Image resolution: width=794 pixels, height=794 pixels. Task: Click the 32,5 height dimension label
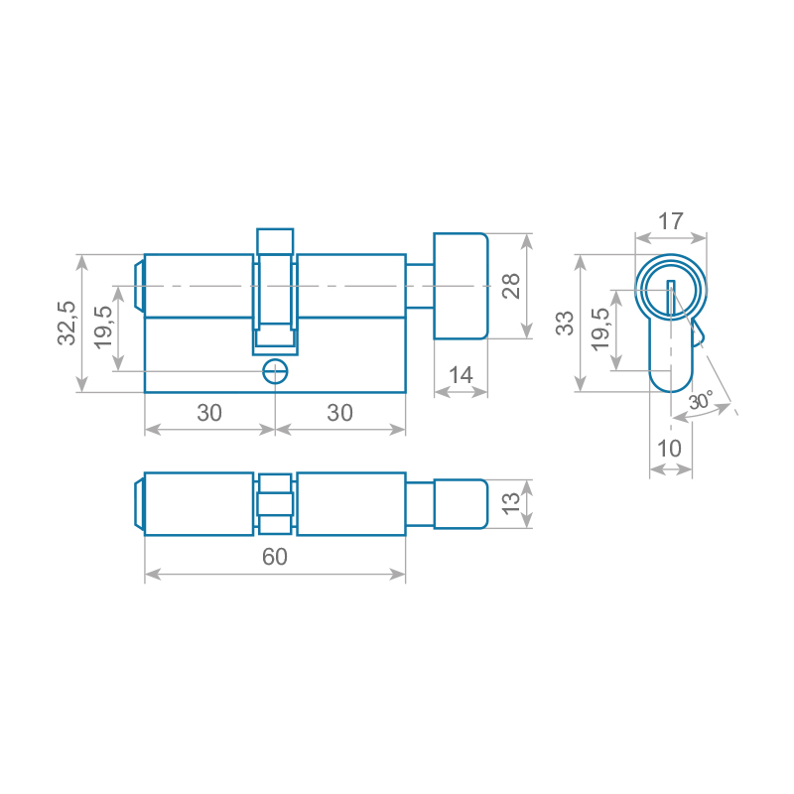[66, 324]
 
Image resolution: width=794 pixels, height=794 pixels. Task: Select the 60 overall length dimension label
[275, 557]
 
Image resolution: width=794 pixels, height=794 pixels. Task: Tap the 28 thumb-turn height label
[511, 286]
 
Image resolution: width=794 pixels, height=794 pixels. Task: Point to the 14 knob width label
[461, 375]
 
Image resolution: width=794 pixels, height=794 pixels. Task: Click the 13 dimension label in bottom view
[510, 503]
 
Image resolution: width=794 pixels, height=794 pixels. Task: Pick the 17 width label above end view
[671, 221]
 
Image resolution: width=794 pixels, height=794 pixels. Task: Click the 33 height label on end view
[565, 324]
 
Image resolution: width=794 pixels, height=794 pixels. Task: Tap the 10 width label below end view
[669, 449]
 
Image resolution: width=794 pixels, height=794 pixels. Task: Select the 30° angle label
[702, 401]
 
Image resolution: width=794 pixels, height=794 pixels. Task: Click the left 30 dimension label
[209, 413]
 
